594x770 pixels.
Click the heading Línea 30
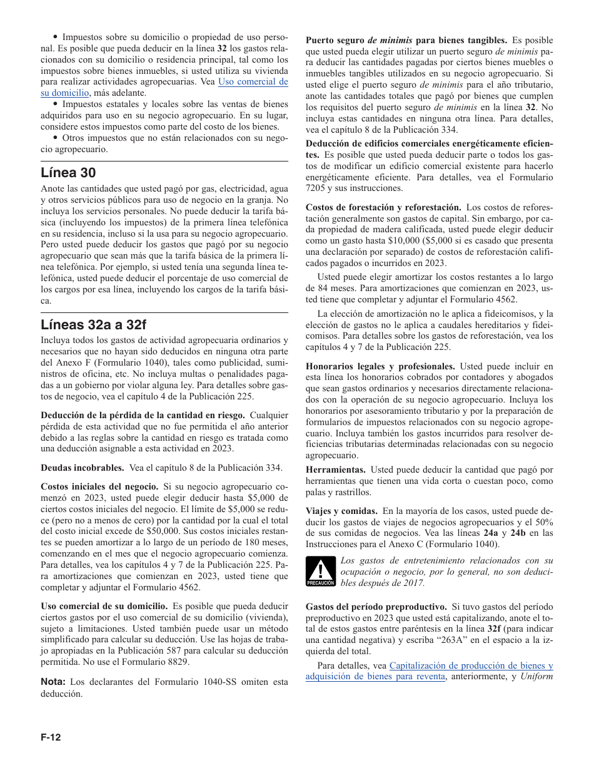(x=68, y=173)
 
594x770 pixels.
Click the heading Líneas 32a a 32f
(x=93, y=324)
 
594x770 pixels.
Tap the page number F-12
(x=51, y=737)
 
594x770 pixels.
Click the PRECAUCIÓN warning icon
(x=320, y=572)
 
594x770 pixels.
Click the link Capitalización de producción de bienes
(x=471, y=665)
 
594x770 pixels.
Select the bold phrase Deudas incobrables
(x=83, y=468)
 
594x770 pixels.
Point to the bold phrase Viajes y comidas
(x=341, y=511)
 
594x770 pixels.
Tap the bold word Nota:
(x=53, y=682)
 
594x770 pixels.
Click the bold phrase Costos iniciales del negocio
(x=99, y=486)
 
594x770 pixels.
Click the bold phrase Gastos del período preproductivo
(x=376, y=607)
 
